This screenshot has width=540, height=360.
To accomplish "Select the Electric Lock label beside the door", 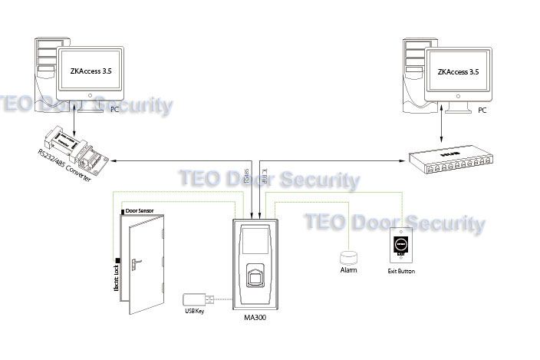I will click(x=116, y=279).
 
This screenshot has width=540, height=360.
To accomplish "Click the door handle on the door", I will click(x=136, y=265).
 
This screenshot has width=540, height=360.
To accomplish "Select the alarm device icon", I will click(x=349, y=256).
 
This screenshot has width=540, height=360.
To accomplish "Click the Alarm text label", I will click(x=348, y=269).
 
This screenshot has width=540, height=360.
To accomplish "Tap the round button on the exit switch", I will click(x=401, y=244).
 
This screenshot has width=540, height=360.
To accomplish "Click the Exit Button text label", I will click(x=401, y=271).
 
